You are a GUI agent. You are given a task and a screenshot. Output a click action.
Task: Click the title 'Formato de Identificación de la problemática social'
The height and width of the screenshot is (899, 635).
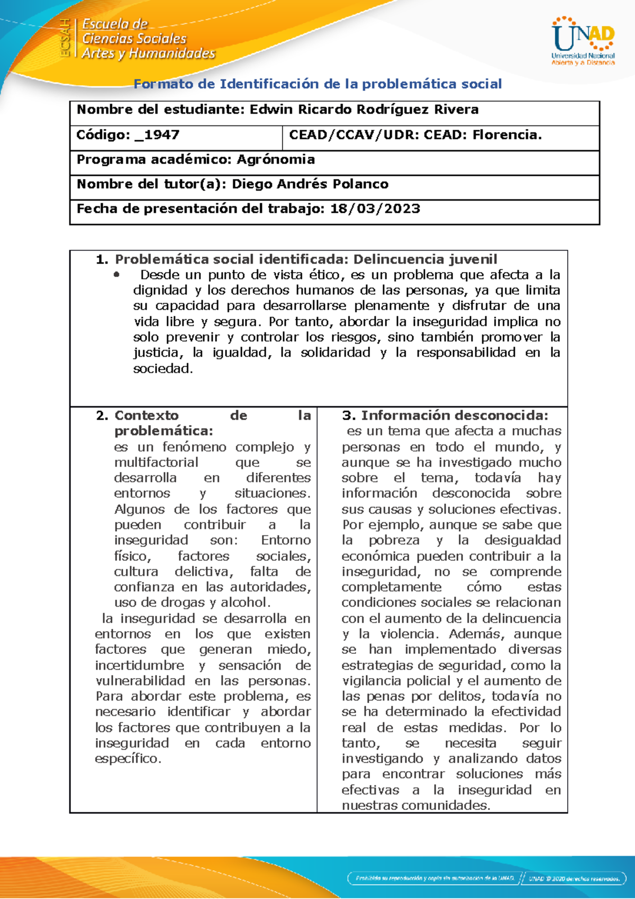[x=317, y=84]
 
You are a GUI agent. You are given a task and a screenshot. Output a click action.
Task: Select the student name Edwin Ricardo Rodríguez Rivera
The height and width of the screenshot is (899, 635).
[x=364, y=110]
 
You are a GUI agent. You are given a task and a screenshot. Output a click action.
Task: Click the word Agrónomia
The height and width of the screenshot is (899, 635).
[x=276, y=159]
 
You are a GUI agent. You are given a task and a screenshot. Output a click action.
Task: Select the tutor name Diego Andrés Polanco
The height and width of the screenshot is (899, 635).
[x=310, y=184]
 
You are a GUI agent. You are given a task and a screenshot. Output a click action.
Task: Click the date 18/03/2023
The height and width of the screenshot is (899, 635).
[x=375, y=209]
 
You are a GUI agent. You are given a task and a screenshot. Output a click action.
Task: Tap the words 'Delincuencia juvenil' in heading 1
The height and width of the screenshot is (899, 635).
[x=425, y=259]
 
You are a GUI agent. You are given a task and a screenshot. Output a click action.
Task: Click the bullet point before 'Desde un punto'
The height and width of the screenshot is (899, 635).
[x=117, y=274]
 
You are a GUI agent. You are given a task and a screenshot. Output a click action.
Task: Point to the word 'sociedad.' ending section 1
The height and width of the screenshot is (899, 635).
[x=163, y=368]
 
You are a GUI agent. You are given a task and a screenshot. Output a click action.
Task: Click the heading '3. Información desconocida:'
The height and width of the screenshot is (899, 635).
[x=445, y=416]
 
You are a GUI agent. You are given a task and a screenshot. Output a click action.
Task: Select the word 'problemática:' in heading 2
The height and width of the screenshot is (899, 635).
[x=164, y=431]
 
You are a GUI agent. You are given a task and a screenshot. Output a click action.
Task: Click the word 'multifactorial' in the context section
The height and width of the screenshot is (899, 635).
[x=156, y=462]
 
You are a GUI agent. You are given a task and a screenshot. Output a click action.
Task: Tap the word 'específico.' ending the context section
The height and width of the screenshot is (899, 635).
[x=128, y=759]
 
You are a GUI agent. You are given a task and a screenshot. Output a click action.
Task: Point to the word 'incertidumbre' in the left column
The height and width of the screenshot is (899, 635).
[x=140, y=666]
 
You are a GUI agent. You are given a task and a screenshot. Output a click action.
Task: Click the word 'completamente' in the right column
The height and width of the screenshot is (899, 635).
[x=391, y=587]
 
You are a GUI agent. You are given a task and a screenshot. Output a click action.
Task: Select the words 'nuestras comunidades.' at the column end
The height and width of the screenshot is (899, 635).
[x=416, y=805]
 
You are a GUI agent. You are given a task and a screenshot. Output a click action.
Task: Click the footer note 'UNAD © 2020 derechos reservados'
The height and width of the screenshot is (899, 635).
[x=574, y=878]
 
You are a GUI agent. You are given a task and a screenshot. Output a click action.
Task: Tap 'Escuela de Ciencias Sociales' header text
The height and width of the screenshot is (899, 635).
[x=134, y=32]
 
